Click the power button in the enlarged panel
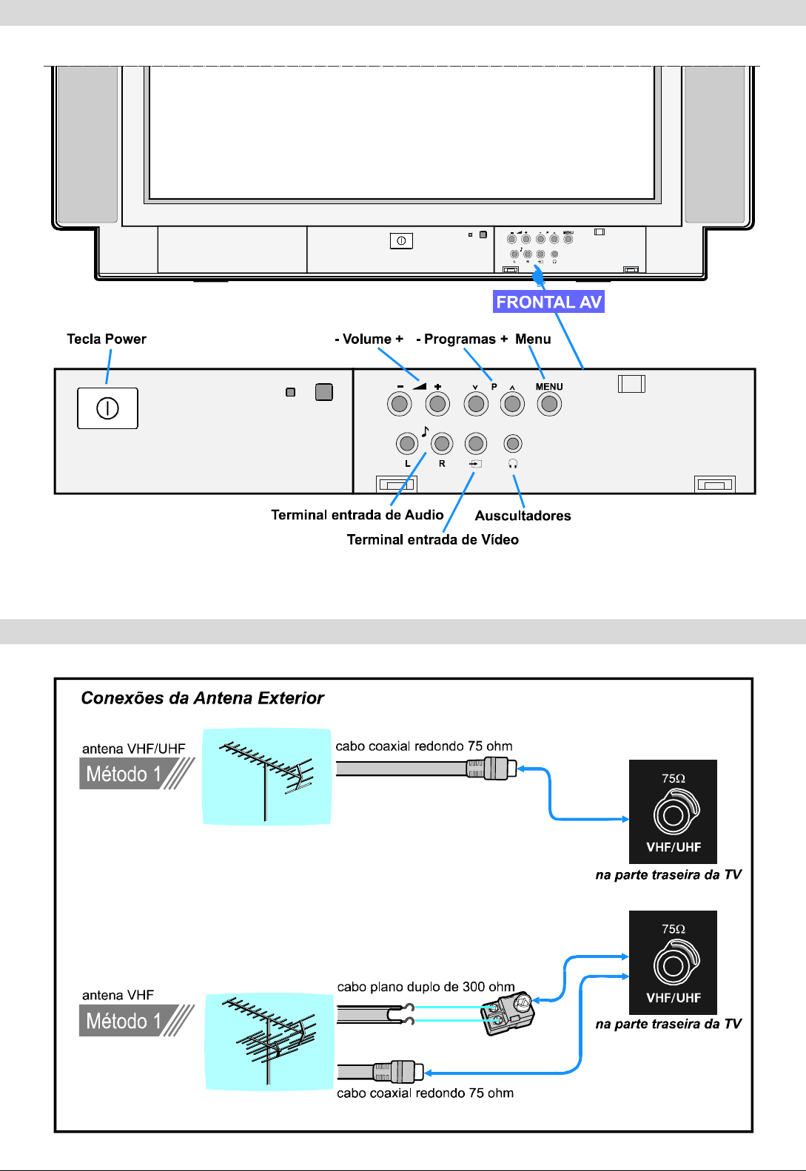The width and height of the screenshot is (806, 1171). (107, 408)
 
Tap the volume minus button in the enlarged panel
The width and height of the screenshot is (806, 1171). (400, 404)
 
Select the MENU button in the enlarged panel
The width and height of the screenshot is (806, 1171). (548, 404)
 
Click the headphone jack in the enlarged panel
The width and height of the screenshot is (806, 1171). (512, 444)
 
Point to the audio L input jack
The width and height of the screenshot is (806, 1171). (406, 444)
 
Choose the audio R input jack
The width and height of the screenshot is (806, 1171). (442, 444)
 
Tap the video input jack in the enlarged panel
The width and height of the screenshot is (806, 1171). (475, 444)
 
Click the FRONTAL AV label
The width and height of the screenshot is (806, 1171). (548, 302)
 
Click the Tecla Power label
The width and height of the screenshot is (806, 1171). (107, 339)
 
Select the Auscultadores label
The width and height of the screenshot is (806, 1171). (523, 516)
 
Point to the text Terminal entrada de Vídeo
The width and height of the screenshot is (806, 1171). (432, 540)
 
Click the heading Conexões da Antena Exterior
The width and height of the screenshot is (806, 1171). (202, 698)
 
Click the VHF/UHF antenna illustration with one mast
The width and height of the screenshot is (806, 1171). (266, 776)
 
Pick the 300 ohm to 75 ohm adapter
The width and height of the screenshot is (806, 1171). (508, 1013)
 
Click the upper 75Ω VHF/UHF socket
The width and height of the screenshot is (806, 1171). (674, 814)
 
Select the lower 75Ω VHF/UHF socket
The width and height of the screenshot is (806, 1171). (674, 965)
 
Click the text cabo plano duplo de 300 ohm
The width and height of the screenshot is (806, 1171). (426, 987)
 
